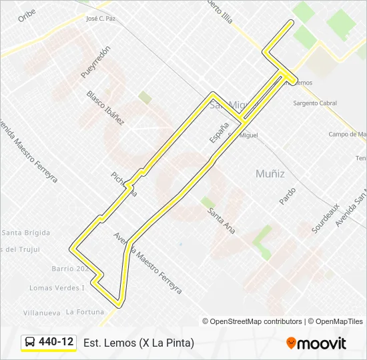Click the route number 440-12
pyautogui.click(x=56, y=342)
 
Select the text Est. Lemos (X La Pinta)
pyautogui.click(x=139, y=343)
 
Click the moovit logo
pyautogui.click(x=316, y=343)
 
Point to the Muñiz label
pyautogui.click(x=270, y=173)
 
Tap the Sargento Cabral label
pyautogui.click(x=315, y=103)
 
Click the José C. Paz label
pyautogui.click(x=101, y=19)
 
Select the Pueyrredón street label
pyautogui.click(x=95, y=63)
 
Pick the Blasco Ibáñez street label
pyautogui.click(x=105, y=108)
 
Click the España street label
pyautogui.click(x=219, y=132)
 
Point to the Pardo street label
pyautogui.click(x=288, y=196)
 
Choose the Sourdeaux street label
pyautogui.click(x=326, y=218)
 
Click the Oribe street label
pyautogui.click(x=27, y=15)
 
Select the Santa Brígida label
pyautogui.click(x=26, y=233)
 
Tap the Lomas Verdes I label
pyautogui.click(x=57, y=288)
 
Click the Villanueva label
pyautogui.click(x=41, y=312)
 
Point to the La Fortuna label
pyautogui.click(x=85, y=311)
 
